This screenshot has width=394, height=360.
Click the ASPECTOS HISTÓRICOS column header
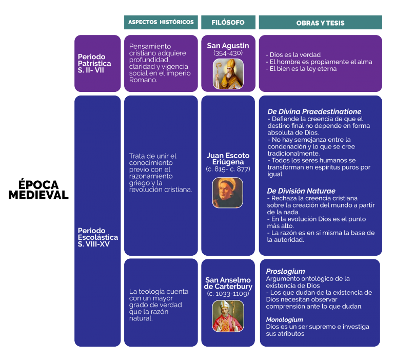161,22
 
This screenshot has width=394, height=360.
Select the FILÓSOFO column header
228,22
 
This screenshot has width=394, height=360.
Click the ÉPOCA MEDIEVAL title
38,190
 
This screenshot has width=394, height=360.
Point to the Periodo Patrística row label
94,63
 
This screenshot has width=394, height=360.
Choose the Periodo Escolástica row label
98,237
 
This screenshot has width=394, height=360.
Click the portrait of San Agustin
228,74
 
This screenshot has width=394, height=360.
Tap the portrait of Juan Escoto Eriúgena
228,193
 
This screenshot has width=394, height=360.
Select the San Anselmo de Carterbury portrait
228,316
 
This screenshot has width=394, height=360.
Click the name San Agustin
228,46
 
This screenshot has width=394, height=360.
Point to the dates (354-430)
228,53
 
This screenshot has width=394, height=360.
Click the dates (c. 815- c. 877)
228,169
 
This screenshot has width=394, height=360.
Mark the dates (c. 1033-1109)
228,293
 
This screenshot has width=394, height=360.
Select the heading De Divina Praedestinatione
314,111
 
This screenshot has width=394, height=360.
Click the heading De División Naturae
301,191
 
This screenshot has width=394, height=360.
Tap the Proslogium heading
285,271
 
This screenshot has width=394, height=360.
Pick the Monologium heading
284,319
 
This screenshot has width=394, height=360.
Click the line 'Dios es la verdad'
293,55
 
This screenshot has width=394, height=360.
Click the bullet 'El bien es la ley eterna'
301,69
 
